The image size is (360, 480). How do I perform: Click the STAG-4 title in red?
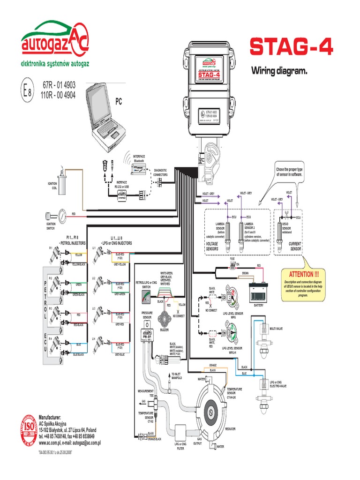[292, 47]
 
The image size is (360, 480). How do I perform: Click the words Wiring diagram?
[279, 71]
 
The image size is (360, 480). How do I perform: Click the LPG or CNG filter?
[180, 432]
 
